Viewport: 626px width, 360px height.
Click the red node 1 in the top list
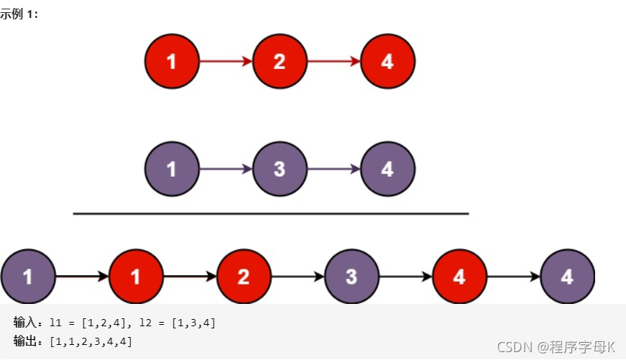tap(172, 62)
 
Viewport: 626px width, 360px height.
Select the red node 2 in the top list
tap(280, 62)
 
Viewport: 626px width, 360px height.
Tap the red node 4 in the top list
tap(387, 62)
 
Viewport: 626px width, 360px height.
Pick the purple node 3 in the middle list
tap(280, 170)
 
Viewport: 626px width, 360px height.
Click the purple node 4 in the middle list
tap(387, 170)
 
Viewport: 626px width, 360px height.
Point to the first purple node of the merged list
tap(28, 277)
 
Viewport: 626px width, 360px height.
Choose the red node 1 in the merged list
tap(136, 277)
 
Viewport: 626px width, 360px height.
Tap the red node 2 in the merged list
tap(244, 277)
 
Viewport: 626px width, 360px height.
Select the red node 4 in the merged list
tap(459, 277)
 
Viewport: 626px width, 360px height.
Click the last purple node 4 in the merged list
tap(567, 277)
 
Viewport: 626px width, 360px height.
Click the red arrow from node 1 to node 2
tap(226, 62)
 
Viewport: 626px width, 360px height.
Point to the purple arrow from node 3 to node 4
tap(333, 170)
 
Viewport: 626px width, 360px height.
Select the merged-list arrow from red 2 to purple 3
tap(298, 277)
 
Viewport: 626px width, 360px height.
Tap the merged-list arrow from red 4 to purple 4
tap(513, 277)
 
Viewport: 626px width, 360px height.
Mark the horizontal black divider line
tap(271, 213)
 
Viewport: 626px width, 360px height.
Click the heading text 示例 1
tap(19, 14)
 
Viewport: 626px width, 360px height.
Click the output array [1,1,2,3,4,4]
tap(91, 341)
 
